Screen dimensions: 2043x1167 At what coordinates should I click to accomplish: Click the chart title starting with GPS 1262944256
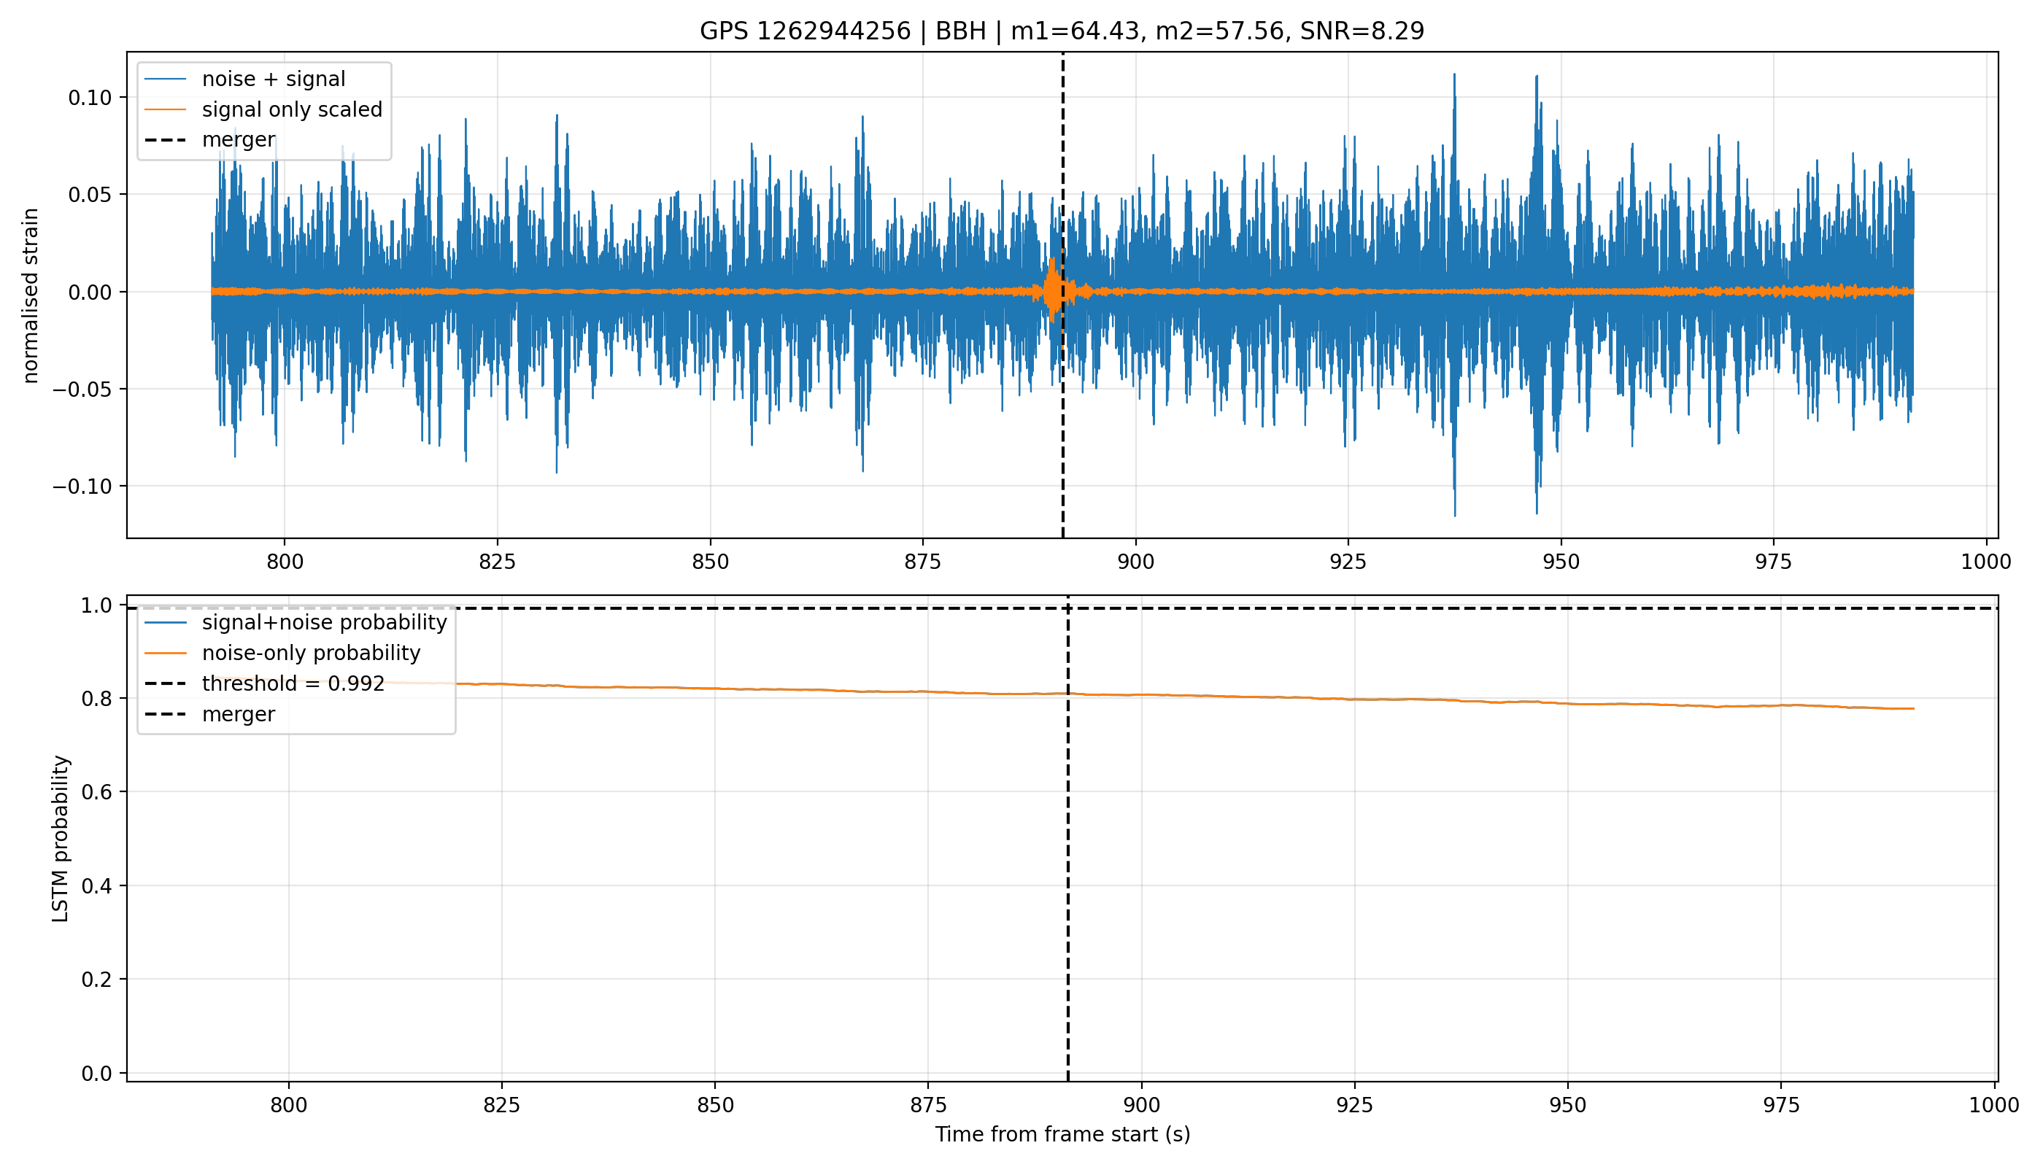(x=1062, y=31)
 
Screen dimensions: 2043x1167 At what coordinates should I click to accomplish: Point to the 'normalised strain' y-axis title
(x=31, y=295)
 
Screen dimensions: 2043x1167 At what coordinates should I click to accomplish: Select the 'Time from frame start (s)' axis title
(x=1062, y=1134)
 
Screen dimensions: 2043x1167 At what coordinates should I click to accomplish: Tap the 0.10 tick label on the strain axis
(x=89, y=98)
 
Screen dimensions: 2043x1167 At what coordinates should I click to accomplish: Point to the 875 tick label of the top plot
(x=922, y=562)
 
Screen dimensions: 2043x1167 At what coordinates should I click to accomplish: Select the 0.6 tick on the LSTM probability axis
(x=97, y=792)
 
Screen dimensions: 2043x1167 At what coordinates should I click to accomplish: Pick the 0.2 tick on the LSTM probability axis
(x=97, y=980)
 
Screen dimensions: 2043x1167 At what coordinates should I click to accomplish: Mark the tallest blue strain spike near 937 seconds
(x=1453, y=74)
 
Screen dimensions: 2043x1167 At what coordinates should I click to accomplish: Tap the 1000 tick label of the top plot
(x=1985, y=562)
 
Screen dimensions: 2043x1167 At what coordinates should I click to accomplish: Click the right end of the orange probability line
(x=1913, y=708)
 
